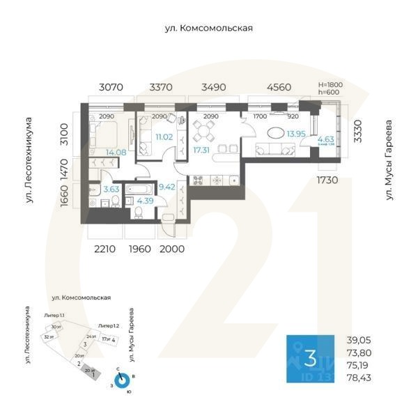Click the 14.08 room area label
pyautogui.click(x=115, y=152)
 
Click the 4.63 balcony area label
pyautogui.click(x=326, y=139)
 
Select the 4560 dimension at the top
pyautogui.click(x=279, y=88)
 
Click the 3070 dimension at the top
pyautogui.click(x=110, y=88)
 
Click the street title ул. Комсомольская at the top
pyautogui.click(x=208, y=29)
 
